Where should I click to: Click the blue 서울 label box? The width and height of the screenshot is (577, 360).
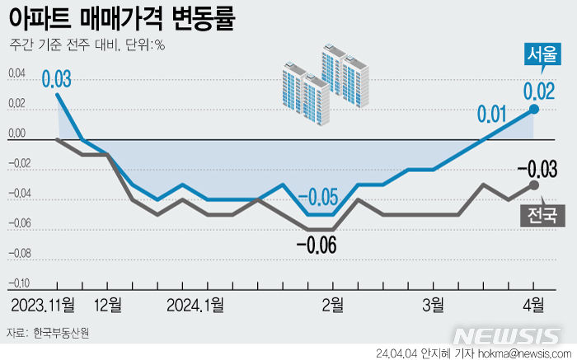point(541,54)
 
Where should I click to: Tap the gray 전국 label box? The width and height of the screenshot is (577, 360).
point(539,216)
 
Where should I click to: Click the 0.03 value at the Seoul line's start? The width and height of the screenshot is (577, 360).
point(56,80)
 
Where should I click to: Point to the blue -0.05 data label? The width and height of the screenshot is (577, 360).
point(318,198)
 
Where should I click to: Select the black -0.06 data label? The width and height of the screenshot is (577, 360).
point(317,245)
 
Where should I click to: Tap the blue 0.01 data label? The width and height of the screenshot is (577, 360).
point(492,112)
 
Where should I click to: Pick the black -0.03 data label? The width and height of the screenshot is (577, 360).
point(537,170)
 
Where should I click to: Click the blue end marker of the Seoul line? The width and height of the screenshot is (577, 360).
point(534,109)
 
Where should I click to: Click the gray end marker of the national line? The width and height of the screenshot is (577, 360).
point(534,185)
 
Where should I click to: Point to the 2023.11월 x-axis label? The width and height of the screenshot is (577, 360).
point(43,305)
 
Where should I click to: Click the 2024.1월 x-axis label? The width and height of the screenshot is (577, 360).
point(195,305)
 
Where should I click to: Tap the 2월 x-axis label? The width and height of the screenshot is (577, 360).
point(332,305)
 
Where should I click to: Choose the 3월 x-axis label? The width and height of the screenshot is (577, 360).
point(434,305)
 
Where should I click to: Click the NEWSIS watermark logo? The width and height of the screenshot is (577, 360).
point(508,337)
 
